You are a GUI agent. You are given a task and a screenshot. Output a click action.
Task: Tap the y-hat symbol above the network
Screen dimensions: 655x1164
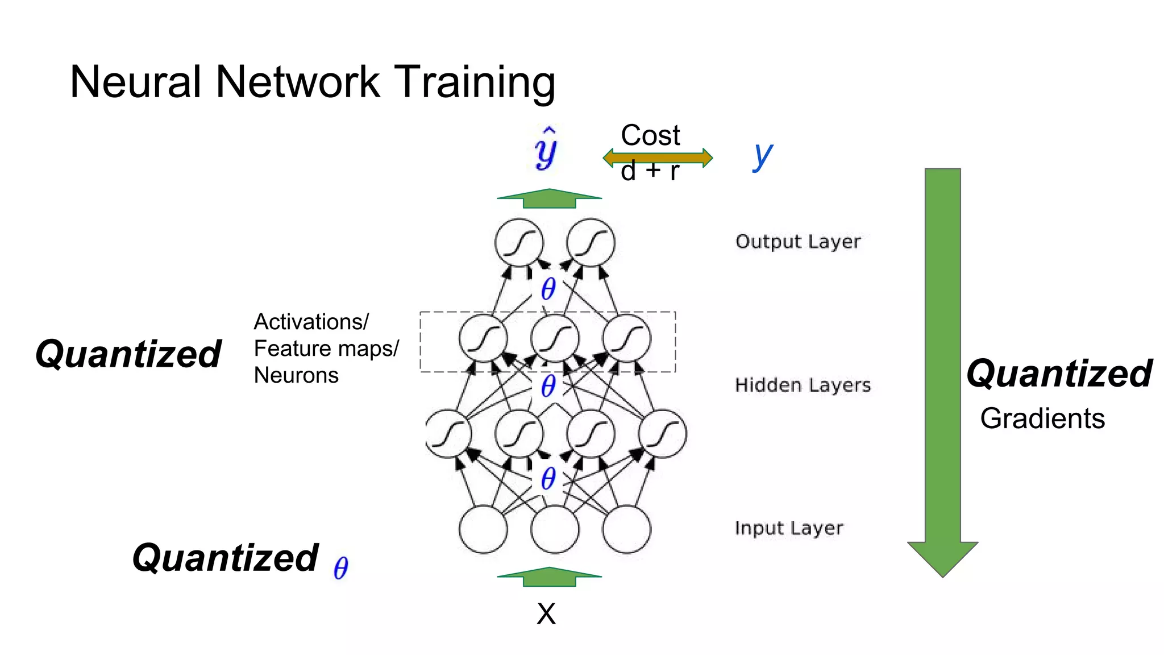546,149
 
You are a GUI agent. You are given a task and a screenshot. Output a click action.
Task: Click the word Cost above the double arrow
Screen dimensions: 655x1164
650,135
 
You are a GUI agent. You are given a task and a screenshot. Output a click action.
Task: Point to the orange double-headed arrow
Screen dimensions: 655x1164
658,157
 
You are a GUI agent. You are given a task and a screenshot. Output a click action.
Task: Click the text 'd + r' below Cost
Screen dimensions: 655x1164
650,172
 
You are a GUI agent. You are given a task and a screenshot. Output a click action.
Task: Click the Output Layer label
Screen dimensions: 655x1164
797,242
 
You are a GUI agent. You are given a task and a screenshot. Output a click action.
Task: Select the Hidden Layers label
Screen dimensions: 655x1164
803,385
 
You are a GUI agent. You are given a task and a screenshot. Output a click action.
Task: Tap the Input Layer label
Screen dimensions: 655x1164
788,528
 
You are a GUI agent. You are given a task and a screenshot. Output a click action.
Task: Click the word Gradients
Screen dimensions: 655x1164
1042,418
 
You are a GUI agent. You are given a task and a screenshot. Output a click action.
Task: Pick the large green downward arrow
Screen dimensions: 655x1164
942,370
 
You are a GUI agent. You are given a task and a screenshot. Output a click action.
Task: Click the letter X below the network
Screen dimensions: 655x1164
546,614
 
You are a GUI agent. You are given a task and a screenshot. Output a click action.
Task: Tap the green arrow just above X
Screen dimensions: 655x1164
549,577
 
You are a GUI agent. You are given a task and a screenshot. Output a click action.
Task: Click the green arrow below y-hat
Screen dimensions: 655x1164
549,198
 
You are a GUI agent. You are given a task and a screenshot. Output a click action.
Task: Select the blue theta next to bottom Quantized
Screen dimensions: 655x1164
340,568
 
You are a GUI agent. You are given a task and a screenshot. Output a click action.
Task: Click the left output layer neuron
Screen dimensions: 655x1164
519,242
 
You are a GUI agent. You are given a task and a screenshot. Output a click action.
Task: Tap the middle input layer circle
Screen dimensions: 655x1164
555,529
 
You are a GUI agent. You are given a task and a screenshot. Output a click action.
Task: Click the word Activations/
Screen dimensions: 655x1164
311,322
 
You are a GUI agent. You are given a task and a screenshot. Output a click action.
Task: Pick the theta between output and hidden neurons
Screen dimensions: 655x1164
548,289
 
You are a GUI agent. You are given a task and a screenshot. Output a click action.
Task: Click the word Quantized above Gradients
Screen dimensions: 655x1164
1059,374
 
